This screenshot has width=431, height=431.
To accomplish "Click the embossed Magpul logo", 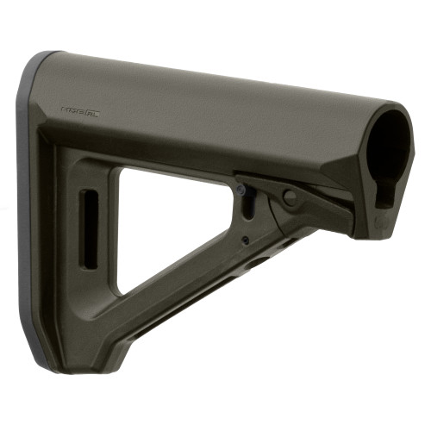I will coord(80,110).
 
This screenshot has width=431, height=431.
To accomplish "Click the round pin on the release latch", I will coord(290,197).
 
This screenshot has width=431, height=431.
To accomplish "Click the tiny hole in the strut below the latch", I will coord(245,240).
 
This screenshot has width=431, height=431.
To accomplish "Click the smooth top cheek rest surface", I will coord(215,86).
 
